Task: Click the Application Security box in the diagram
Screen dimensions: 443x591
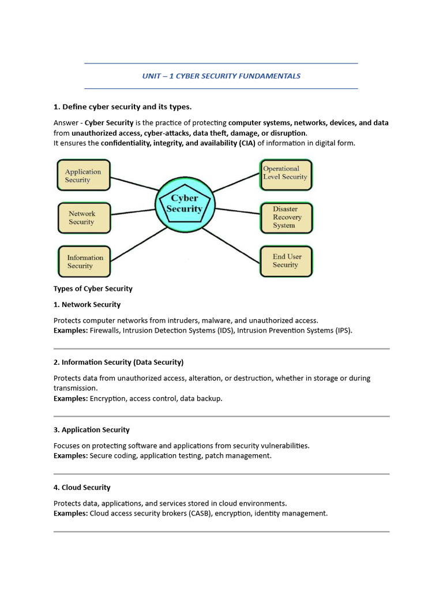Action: tap(84, 175)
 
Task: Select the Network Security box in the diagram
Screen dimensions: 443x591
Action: tap(84, 218)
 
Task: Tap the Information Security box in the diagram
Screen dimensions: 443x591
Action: tap(84, 261)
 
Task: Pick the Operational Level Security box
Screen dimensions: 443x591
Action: tap(286, 174)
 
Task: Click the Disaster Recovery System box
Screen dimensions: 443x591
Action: tap(287, 218)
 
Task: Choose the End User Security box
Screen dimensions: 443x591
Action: tap(287, 261)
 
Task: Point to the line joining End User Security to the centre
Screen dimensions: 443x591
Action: tap(231, 245)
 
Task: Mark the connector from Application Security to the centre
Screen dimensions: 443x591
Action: tap(134, 184)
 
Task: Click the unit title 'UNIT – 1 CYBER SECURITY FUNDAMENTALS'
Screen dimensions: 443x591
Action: tap(221, 76)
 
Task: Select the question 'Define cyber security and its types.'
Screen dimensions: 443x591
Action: tap(127, 107)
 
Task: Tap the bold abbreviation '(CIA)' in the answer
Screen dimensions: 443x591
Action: tap(247, 143)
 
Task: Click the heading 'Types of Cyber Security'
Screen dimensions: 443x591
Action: tap(93, 289)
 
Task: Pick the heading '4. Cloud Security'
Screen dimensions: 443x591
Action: tap(82, 487)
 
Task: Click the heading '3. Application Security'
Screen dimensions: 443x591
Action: tap(92, 429)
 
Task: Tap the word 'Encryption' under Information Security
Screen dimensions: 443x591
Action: tap(108, 398)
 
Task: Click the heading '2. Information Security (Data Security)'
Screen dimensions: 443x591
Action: tap(119, 362)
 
